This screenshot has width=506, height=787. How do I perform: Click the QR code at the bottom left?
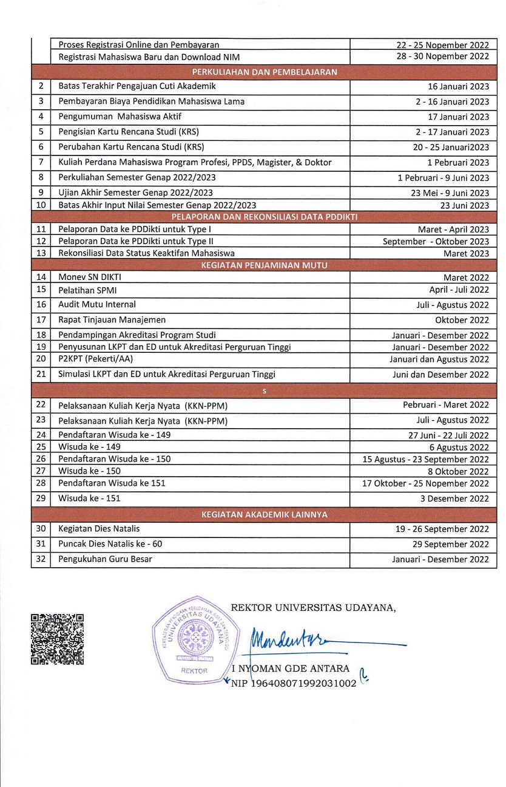57,639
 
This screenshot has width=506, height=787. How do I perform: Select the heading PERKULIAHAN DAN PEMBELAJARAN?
264,72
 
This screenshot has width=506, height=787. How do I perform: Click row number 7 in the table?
41,162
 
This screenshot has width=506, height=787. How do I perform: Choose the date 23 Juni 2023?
465,205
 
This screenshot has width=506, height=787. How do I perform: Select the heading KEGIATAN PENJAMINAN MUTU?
264,265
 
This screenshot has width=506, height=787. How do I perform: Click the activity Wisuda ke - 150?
89,471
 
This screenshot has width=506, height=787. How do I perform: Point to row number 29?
41,499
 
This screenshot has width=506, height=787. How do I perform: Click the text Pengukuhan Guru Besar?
105,559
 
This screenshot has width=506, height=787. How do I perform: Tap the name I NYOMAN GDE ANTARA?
291,669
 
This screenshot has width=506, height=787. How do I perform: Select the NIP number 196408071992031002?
294,683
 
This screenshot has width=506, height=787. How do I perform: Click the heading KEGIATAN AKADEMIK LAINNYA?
264,514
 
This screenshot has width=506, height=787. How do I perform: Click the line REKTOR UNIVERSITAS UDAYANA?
313,607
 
